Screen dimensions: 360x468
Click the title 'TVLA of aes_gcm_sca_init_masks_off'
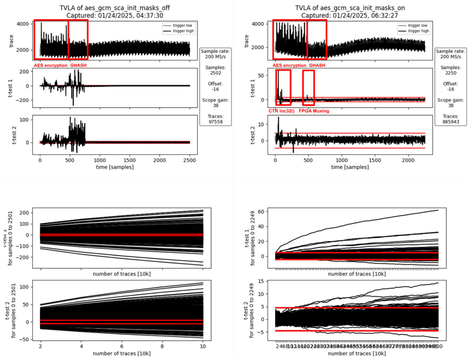coord(115,8)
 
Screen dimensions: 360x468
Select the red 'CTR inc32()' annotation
coord(282,111)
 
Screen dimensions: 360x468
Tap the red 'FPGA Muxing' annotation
coord(314,111)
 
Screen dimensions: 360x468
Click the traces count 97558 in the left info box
coord(215,122)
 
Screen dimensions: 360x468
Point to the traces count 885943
coord(451,122)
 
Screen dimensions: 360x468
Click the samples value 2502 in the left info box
coord(215,73)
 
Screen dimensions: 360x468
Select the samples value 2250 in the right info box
coord(451,73)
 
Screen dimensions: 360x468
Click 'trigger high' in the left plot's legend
coord(183,31)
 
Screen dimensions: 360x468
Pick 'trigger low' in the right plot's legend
coord(418,25)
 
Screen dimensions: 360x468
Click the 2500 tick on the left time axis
coord(190,160)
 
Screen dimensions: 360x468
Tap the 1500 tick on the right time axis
coord(375,160)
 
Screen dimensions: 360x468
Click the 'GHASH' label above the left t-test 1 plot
coord(78,65)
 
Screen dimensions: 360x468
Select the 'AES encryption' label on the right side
coord(289,65)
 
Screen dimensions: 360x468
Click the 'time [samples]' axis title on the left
coord(115,167)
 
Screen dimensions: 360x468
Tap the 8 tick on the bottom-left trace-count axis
coord(162,346)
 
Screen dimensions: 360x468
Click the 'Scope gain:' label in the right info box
coord(451,100)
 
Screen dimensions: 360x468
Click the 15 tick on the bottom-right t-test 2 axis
coord(261,281)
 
